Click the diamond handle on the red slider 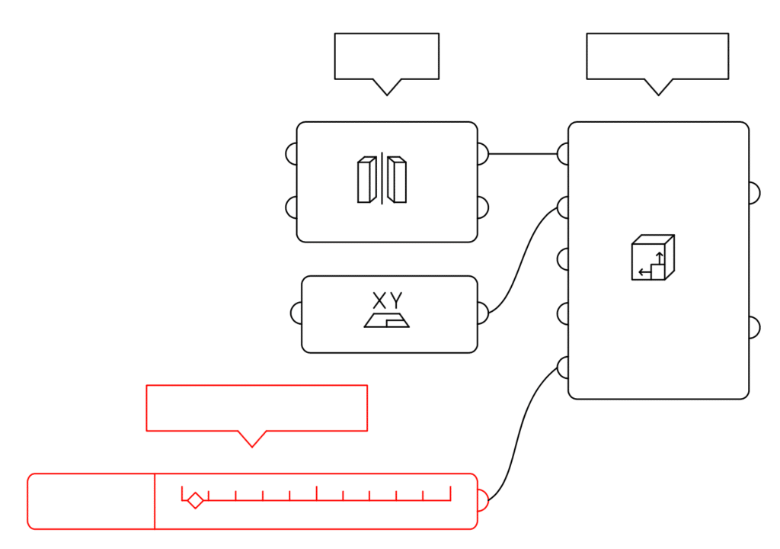coord(195,501)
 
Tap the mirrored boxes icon coord(382,180)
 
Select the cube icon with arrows coord(653,258)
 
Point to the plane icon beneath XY coord(387,320)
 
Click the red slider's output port coord(482,501)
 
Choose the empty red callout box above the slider coord(257,408)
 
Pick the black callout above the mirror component coord(387,56)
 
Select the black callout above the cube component coord(657,56)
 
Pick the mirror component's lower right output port coord(482,207)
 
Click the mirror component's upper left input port coord(291,154)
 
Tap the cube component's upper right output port coord(754,194)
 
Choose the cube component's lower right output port coord(754,328)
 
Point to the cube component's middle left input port coord(563,259)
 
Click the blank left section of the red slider coord(91,501)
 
